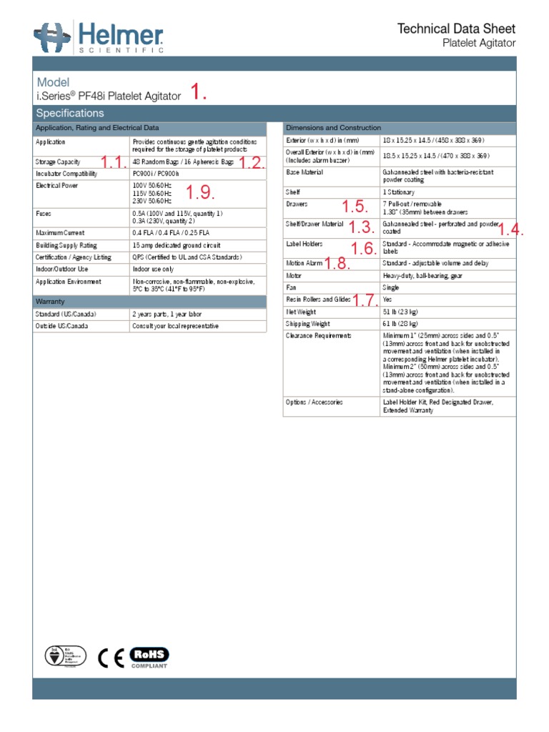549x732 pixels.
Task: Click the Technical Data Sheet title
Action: (456, 29)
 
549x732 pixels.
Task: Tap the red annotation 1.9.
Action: (200, 193)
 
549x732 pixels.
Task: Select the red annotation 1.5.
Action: (355, 207)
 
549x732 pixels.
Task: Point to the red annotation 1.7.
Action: (365, 300)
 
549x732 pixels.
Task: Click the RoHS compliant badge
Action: (149, 657)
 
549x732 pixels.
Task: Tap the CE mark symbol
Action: (111, 657)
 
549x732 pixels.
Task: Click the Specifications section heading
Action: (70, 113)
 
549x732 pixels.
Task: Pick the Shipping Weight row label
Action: (308, 324)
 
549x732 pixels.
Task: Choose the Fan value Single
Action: (391, 287)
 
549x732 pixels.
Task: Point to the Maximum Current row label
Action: (60, 233)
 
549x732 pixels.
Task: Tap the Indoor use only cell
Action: (153, 269)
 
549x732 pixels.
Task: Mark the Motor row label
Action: (294, 275)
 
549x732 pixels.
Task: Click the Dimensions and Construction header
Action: (333, 127)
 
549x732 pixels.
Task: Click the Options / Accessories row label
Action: (314, 402)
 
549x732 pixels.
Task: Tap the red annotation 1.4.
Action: (511, 229)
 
